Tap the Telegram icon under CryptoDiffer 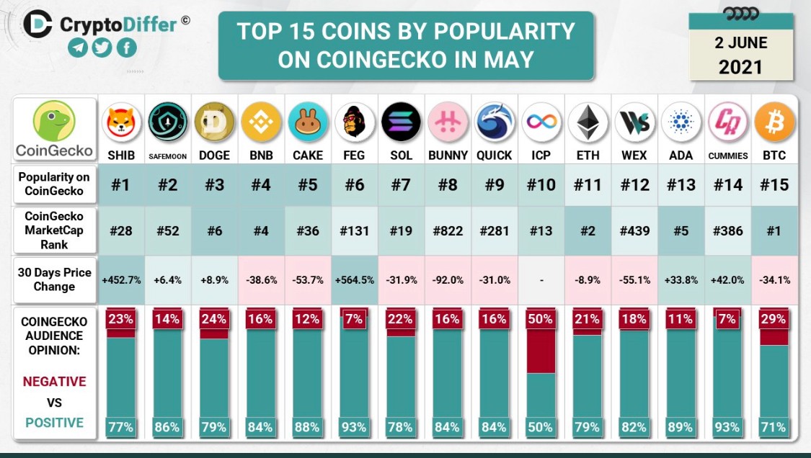78,48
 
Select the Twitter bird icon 102,48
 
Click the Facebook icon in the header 127,48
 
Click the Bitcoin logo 774,122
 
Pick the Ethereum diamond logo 588,122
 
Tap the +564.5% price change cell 354,279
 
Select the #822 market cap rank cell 448,230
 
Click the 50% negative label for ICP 541,320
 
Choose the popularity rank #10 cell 541,184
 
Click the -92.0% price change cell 448,279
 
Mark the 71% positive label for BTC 774,427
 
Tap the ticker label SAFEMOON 167,156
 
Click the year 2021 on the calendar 740,67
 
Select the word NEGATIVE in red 54,382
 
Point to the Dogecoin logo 215,122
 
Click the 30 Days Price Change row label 54,279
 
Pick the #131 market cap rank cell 354,230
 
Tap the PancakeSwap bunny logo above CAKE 308,122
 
